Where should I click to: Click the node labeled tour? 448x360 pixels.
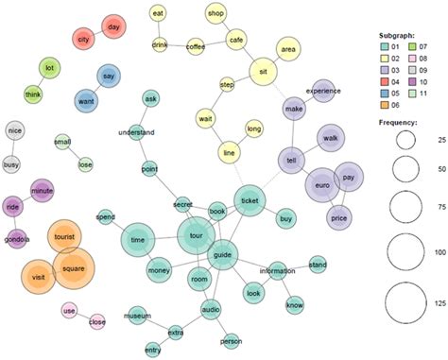tap(197, 235)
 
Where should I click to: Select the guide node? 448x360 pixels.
tap(222, 254)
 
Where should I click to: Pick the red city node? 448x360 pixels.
tap(84, 40)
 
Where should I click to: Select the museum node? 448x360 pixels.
tap(138, 314)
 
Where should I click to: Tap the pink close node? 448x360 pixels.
tap(97, 321)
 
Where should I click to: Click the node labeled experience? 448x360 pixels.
tap(322, 91)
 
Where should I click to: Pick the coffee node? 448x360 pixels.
tap(196, 44)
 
